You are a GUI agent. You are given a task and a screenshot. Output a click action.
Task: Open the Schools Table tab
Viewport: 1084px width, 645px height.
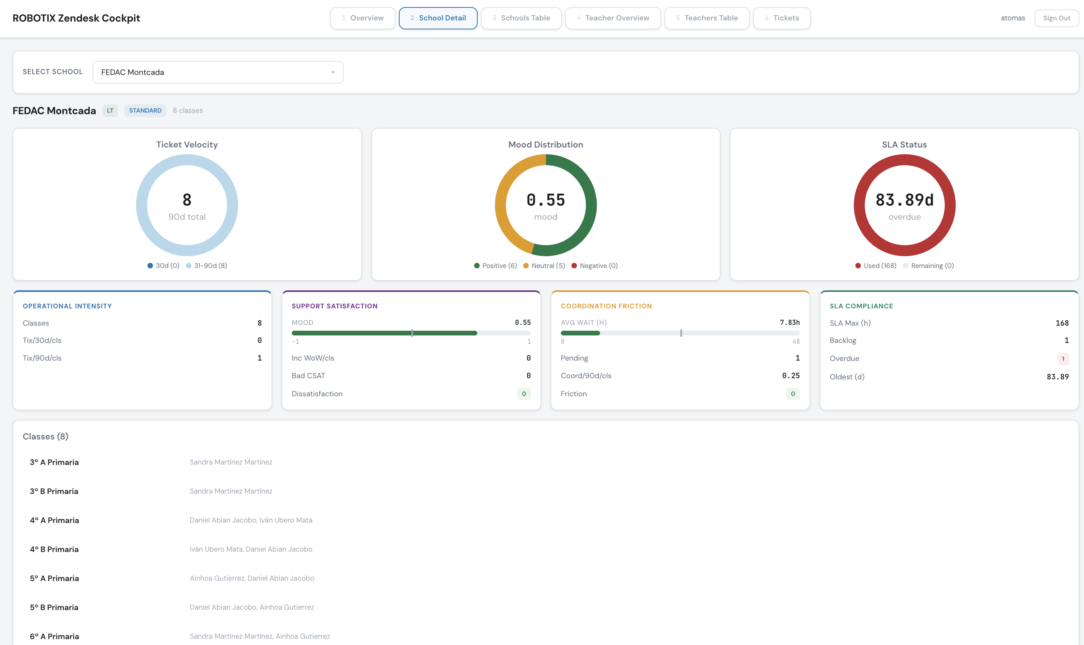coord(521,18)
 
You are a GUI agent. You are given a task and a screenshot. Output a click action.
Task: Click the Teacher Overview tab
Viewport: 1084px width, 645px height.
coord(613,18)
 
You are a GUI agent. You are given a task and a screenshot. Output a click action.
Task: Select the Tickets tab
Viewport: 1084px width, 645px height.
coord(782,18)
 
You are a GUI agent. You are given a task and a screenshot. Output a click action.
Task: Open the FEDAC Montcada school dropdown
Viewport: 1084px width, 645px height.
coord(218,72)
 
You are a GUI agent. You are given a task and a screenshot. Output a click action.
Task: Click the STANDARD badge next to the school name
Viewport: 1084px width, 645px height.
coord(145,110)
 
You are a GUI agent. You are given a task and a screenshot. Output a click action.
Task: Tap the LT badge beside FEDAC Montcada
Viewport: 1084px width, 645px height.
coord(110,110)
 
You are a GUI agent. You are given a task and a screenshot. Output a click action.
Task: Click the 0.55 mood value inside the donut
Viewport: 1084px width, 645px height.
coord(545,200)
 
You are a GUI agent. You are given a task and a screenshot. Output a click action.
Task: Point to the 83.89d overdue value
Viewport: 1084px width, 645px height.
coord(904,200)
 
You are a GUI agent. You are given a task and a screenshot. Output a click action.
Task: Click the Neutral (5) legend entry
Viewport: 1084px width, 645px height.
coord(544,266)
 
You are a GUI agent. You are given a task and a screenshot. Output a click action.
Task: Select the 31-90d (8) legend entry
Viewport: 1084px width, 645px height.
coord(206,266)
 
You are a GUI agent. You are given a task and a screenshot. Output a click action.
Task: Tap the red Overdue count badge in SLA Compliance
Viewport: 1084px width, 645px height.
coord(1063,359)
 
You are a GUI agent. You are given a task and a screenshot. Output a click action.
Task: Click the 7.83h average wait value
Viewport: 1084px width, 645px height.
coord(789,322)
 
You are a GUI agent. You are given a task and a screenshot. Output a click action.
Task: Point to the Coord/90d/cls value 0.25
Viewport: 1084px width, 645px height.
coord(790,375)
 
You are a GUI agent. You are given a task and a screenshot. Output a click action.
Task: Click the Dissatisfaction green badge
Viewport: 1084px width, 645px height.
coord(524,394)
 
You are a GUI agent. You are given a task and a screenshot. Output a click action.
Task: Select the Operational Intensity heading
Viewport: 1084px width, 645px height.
coord(67,306)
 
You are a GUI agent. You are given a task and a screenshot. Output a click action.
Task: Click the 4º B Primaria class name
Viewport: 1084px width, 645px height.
coord(54,549)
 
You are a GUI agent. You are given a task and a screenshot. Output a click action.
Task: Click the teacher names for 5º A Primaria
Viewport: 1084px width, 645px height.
coord(251,578)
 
